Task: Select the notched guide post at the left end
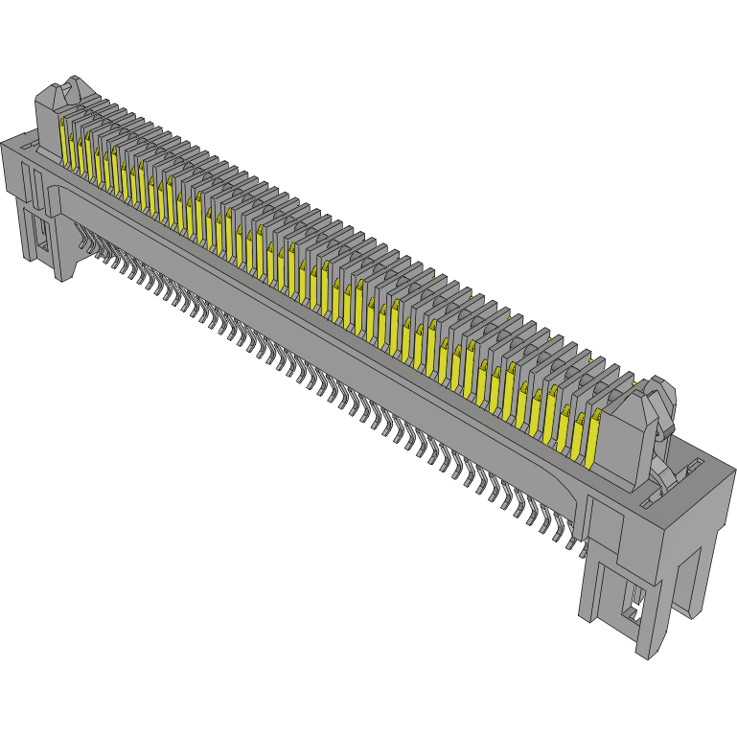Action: [62, 110]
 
